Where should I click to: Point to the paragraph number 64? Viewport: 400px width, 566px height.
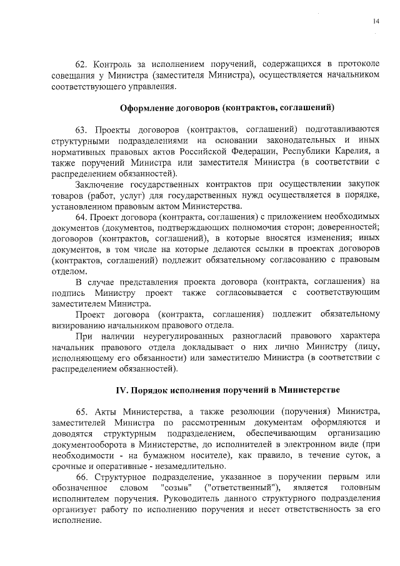(81, 217)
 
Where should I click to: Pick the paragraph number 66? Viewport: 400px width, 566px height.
(81, 478)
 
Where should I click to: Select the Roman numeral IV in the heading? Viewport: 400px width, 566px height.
(122, 390)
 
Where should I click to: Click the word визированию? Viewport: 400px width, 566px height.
(80, 325)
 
